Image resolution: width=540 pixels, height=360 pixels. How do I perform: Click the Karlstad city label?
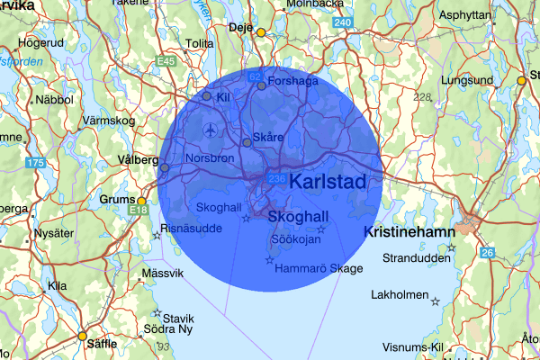point(329,183)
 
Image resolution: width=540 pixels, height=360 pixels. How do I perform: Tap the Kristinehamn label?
point(408,232)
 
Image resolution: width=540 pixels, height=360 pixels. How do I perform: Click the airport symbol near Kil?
point(211,130)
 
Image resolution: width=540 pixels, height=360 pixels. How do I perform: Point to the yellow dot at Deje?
point(261,32)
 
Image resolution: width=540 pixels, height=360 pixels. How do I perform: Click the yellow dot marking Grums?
point(141,201)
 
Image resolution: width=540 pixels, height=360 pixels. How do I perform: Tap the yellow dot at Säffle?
point(82,336)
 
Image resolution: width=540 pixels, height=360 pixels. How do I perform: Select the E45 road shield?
point(166,61)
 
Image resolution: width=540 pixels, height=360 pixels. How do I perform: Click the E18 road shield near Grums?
point(139,211)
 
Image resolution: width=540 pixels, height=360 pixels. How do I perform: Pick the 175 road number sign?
point(36,163)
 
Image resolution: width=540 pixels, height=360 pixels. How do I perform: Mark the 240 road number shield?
point(342,22)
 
